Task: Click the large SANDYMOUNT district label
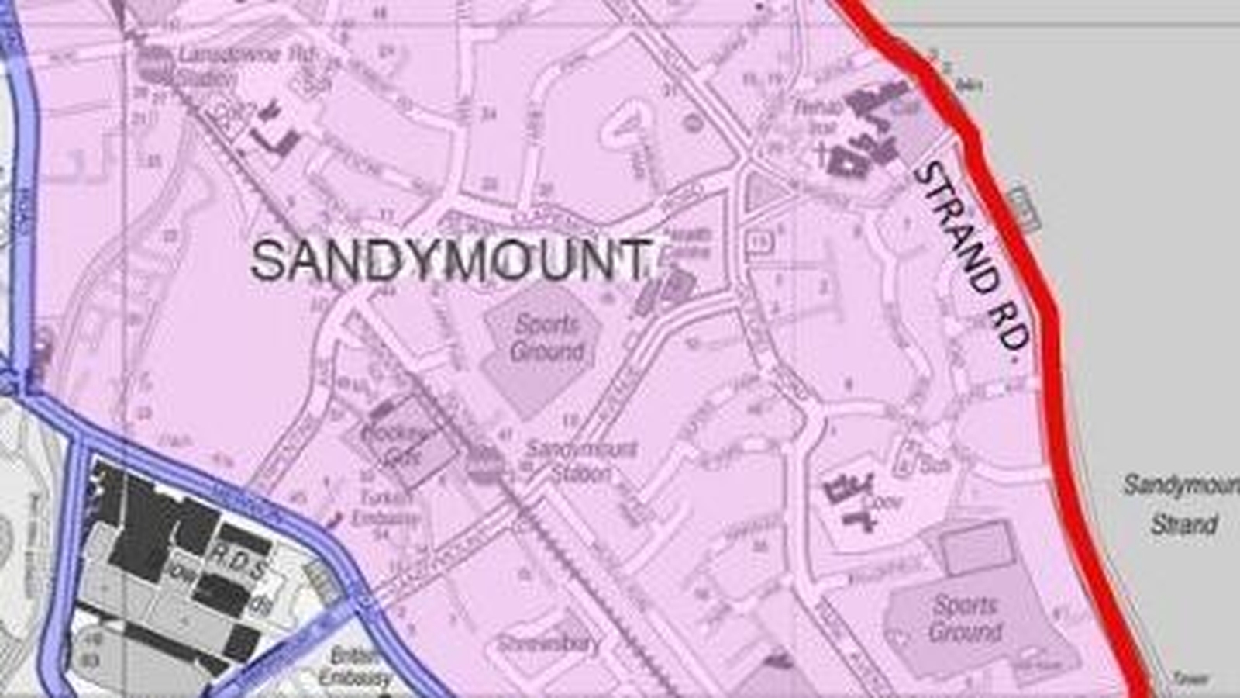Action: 449,261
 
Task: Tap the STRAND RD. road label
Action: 972,256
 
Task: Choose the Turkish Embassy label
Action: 385,507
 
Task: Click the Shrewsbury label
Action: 549,644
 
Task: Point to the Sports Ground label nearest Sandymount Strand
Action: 966,618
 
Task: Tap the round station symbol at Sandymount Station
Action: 485,464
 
